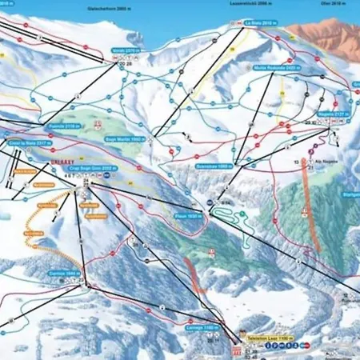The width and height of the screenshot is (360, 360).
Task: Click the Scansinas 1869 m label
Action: coord(214,166)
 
